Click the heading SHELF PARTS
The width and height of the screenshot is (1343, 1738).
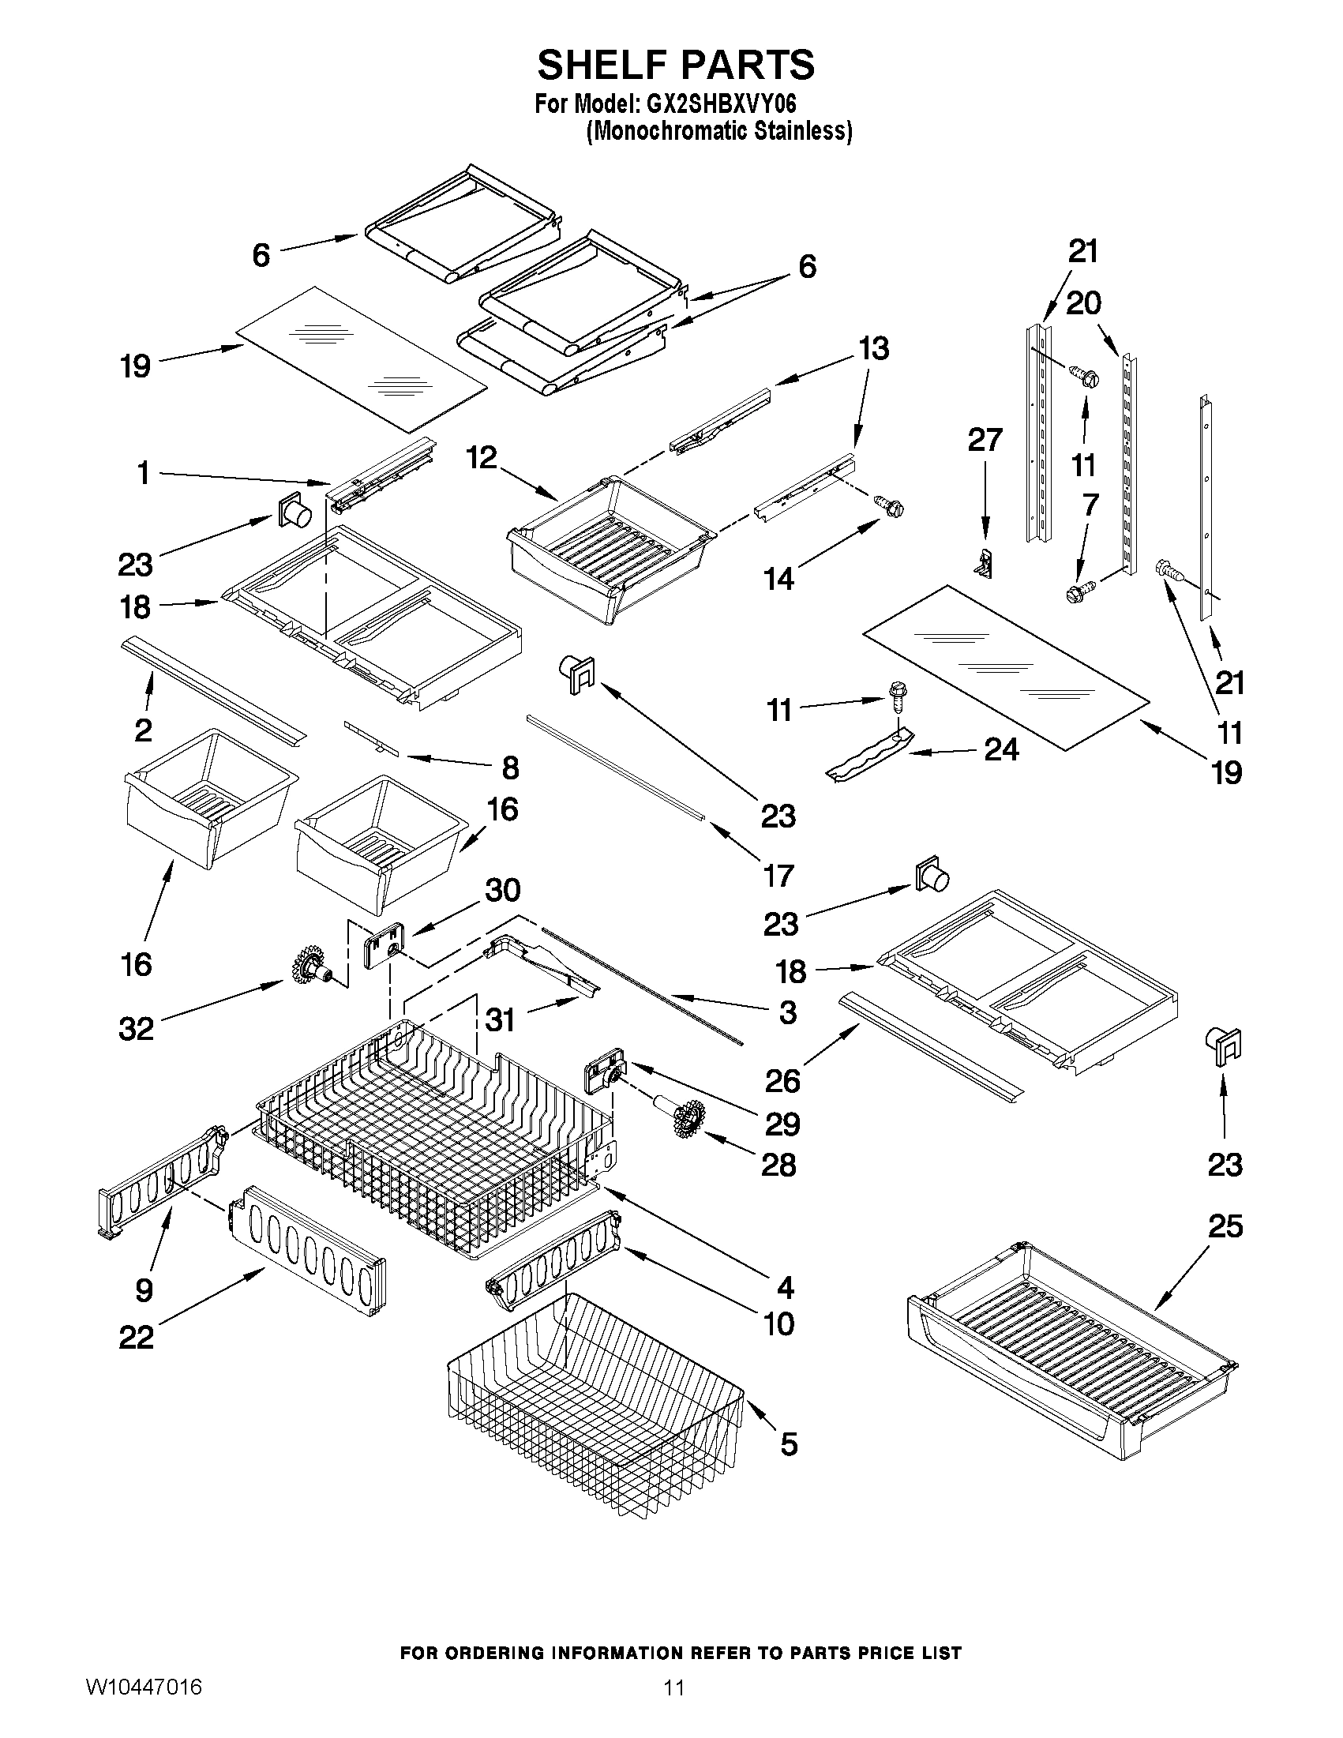[x=676, y=66]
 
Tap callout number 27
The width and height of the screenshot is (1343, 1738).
[x=985, y=440]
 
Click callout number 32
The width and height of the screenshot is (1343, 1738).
[x=136, y=1029]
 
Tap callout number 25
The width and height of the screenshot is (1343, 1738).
[x=1225, y=1226]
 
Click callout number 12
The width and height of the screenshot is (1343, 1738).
[x=482, y=457]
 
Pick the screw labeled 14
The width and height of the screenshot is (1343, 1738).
[x=890, y=505]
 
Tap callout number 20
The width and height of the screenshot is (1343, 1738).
[x=1082, y=303]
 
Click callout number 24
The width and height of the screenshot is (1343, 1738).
[x=1001, y=749]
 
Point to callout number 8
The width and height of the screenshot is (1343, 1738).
[x=510, y=768]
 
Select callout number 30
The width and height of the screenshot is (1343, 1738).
[x=502, y=891]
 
